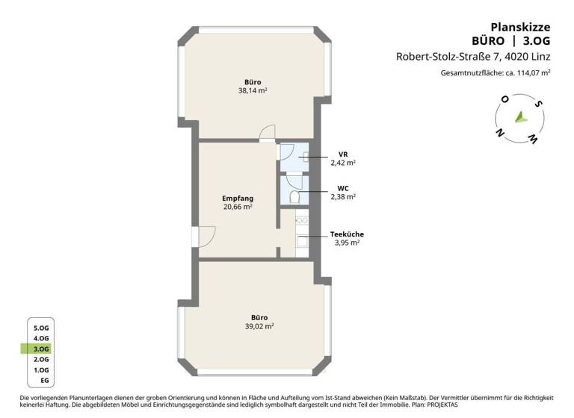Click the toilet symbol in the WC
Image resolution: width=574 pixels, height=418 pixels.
(x=295, y=197)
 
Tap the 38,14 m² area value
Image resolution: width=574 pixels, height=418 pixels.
(x=253, y=91)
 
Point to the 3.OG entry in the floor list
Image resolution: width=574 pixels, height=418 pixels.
(x=40, y=349)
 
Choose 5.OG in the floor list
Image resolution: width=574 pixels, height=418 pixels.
(x=40, y=328)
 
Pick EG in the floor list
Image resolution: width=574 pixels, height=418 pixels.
(x=44, y=381)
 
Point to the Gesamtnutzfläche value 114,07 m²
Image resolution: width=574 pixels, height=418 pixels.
(x=533, y=73)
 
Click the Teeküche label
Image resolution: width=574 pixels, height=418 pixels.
(x=348, y=234)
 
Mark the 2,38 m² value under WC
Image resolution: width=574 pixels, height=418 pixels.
(x=343, y=197)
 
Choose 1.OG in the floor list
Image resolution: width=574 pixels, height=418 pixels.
(x=40, y=369)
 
